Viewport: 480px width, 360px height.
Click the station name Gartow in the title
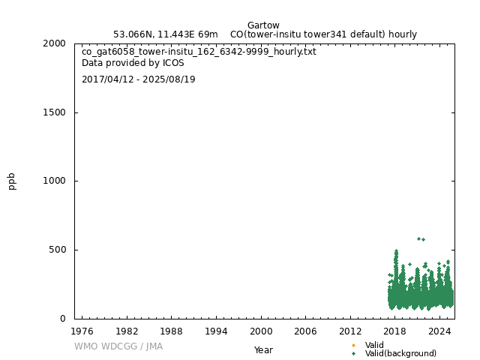point(263,25)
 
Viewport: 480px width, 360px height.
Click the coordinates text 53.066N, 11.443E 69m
point(166,34)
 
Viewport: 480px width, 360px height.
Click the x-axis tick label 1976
point(82,331)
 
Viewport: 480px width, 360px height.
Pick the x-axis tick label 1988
point(172,331)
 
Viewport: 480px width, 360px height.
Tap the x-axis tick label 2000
point(261,331)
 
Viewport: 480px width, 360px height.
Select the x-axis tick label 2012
point(351,331)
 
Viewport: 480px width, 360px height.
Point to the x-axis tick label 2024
point(440,331)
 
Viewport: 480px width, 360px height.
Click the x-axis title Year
point(263,349)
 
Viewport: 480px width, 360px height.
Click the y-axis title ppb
point(12,181)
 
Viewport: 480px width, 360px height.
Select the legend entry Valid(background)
point(400,353)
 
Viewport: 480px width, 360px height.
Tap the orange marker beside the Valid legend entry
point(353,345)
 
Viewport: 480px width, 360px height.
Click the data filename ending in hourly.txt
point(199,52)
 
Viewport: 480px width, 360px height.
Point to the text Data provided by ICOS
point(133,63)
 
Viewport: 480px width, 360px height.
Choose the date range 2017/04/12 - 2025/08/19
point(139,79)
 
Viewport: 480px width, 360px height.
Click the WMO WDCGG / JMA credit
point(118,346)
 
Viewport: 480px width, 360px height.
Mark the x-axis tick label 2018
point(395,331)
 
